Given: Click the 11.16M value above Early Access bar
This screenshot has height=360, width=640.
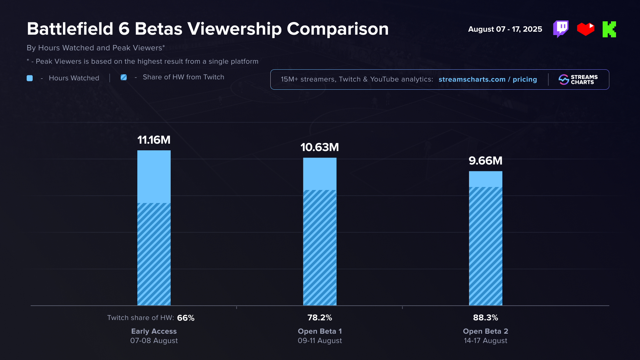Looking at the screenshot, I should (154, 140).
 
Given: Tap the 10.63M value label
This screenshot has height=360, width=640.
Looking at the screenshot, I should (319, 147).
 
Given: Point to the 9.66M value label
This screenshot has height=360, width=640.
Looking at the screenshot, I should (485, 161).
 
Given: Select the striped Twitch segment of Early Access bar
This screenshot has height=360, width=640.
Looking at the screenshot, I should (154, 254).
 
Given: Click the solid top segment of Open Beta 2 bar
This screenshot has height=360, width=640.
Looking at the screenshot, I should (485, 179).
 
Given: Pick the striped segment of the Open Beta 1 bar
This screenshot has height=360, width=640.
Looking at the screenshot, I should (319, 247).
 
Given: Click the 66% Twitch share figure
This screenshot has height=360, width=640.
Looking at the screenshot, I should (186, 318).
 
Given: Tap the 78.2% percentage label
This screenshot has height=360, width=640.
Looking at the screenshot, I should (319, 318).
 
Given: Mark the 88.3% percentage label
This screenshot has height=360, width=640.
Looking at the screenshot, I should (485, 318).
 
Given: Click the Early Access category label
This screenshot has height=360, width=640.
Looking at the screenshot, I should (154, 331).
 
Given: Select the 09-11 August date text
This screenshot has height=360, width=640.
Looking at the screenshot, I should (320, 341).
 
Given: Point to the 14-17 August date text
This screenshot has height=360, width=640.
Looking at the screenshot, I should (485, 341).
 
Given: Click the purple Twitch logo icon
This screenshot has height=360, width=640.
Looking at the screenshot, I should (561, 29).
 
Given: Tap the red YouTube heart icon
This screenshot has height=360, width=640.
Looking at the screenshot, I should (585, 29).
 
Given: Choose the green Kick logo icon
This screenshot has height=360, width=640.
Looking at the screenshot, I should (609, 29).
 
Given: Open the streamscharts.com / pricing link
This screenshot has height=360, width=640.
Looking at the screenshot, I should (488, 79).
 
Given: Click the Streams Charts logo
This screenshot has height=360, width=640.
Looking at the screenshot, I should (578, 80).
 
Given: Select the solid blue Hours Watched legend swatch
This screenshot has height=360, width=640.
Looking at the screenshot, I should (30, 78).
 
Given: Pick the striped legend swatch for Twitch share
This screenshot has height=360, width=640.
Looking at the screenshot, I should (124, 77).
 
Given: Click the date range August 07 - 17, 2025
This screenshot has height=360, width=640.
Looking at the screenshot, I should (505, 29).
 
